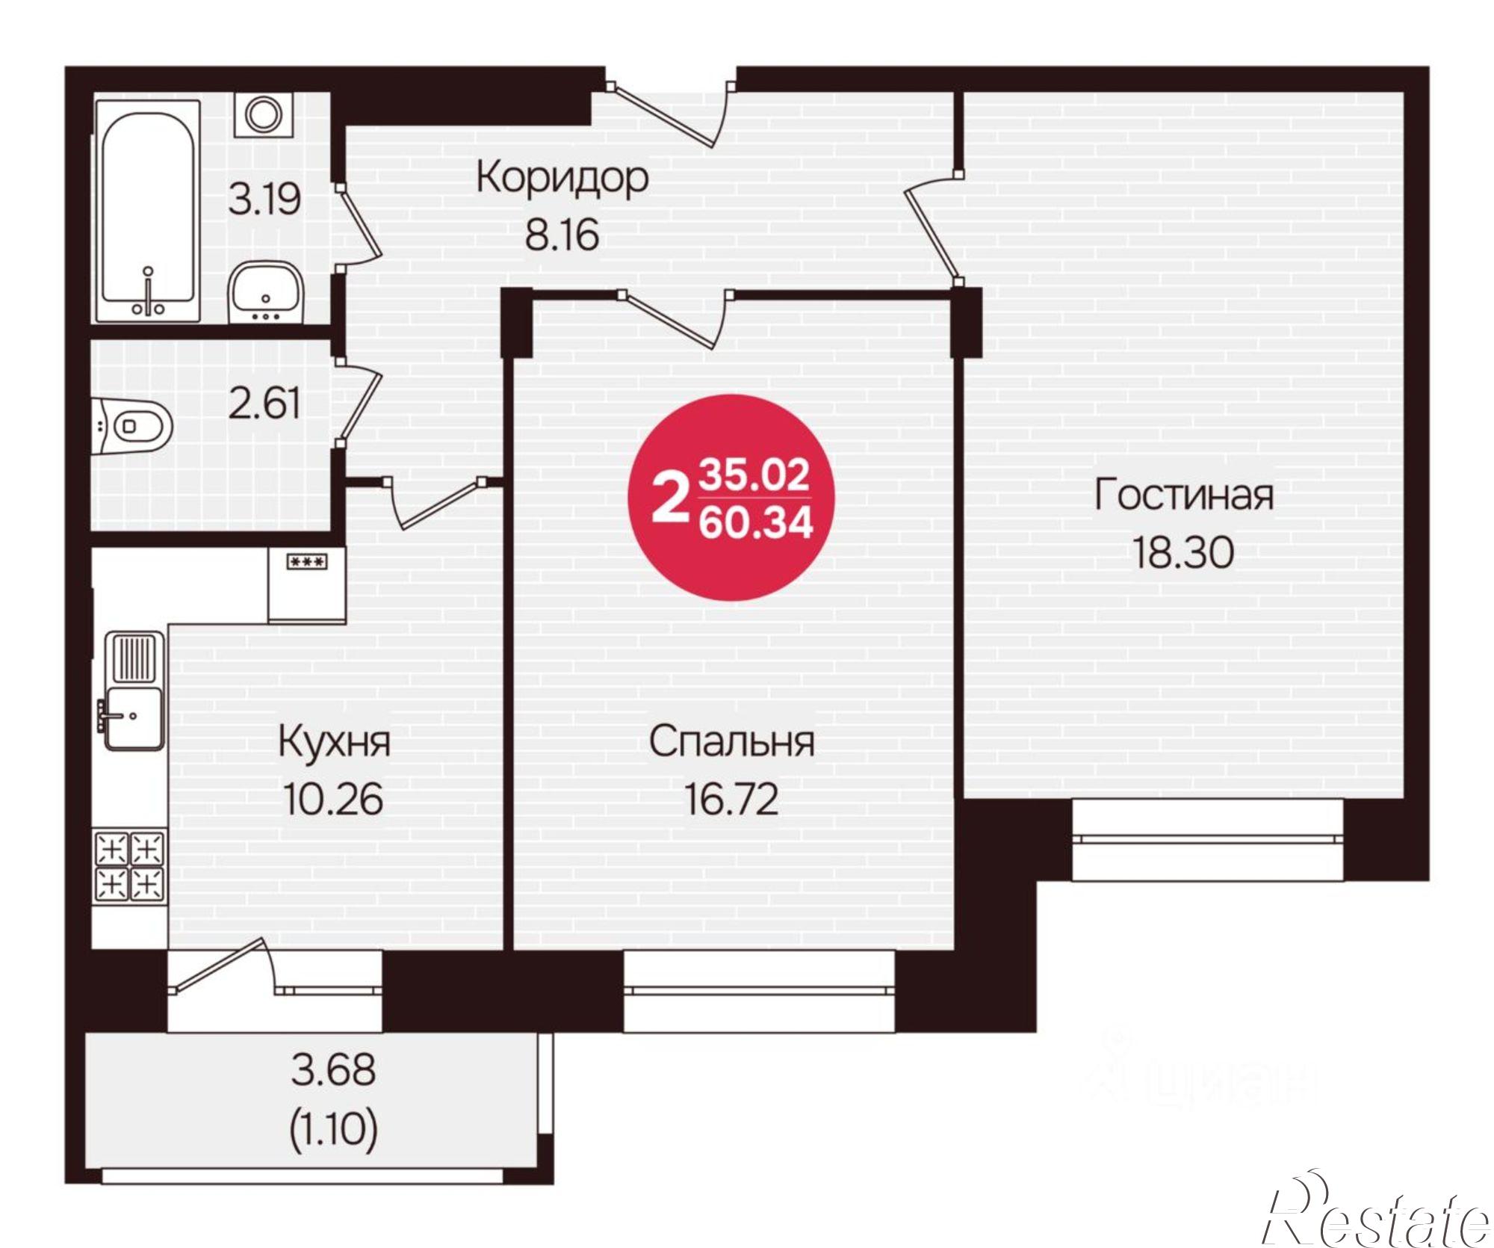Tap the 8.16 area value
[x=562, y=235]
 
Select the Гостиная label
[x=1183, y=495]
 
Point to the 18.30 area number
[x=1183, y=553]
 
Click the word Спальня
[x=731, y=742]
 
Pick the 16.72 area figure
[x=731, y=798]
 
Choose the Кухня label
[x=334, y=742]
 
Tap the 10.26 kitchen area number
[x=334, y=798]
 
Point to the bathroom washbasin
[x=265, y=291]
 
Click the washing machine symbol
[x=263, y=114]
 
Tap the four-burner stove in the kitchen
[x=128, y=866]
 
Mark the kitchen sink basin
[x=132, y=717]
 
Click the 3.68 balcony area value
[x=333, y=1069]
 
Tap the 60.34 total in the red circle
[x=754, y=523]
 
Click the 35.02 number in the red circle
[x=754, y=475]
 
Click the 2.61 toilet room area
[x=264, y=404]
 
